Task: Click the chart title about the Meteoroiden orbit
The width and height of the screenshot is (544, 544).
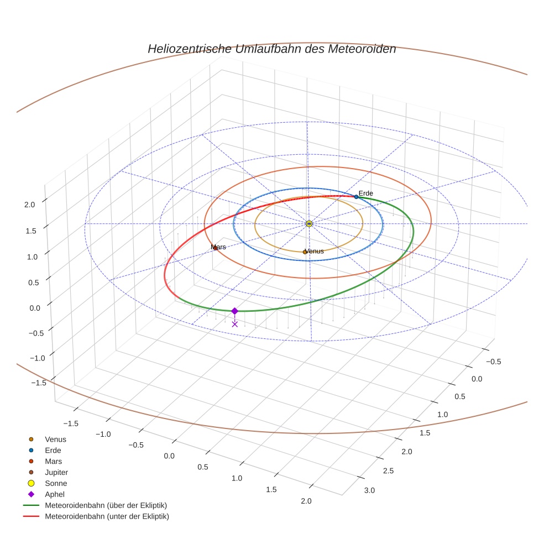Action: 271,49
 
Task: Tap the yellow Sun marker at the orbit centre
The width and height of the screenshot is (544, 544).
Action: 309,223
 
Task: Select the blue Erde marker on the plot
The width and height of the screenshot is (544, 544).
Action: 356,197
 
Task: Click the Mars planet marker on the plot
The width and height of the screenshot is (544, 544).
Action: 215,248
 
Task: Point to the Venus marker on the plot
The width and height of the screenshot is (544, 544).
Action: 305,252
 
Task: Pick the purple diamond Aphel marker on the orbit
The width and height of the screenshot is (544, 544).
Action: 235,311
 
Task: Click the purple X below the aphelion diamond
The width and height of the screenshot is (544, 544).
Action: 235,324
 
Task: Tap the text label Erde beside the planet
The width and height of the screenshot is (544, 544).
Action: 366,193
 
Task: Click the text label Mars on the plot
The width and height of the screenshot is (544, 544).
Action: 219,247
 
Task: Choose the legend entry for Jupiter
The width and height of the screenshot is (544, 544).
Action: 56,472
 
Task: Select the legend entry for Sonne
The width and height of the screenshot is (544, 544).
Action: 56,483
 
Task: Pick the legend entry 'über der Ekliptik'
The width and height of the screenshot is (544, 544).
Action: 106,505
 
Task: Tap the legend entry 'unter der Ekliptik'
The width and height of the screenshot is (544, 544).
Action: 107,516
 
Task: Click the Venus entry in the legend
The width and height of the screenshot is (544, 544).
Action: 55,439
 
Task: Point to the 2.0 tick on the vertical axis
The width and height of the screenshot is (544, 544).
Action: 29,204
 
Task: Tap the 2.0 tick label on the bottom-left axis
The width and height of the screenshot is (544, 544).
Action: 305,501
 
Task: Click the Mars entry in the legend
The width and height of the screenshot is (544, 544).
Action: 53,461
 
